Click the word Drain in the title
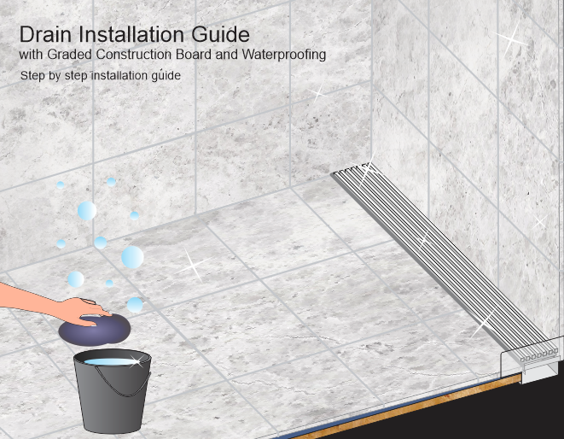(45, 34)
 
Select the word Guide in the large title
(220, 34)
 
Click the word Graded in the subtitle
(70, 55)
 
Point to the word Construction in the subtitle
(133, 55)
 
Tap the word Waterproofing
(284, 55)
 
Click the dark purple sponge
(94, 330)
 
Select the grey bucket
(113, 390)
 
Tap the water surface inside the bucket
(112, 362)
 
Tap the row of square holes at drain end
(538, 355)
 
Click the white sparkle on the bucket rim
(136, 360)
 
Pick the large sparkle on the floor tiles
(193, 265)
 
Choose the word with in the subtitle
(32, 55)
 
